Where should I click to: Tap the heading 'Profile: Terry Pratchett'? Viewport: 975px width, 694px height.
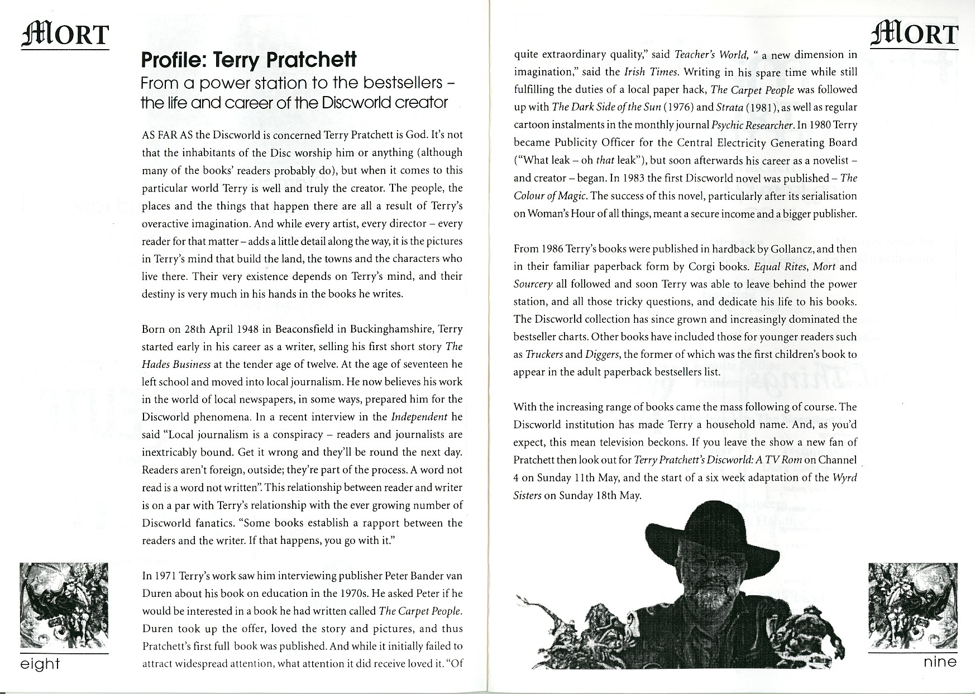(x=248, y=60)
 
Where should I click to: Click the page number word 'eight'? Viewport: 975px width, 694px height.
(x=40, y=664)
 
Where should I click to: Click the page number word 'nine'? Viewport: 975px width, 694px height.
(x=940, y=662)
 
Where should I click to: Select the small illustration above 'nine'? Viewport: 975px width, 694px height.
(x=912, y=605)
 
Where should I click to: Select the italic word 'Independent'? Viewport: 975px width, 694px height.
(x=419, y=417)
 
